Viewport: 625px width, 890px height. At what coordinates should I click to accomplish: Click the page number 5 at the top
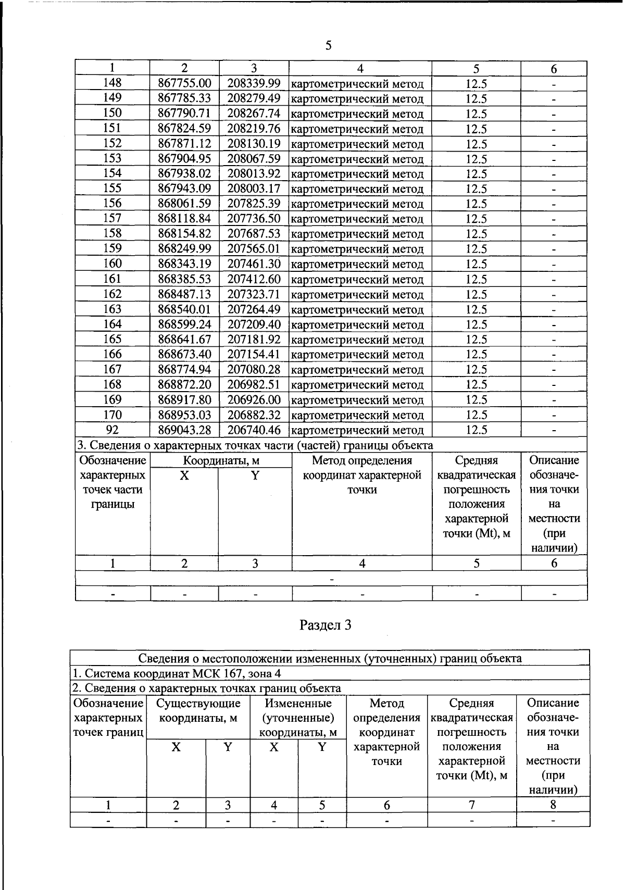pyautogui.click(x=328, y=46)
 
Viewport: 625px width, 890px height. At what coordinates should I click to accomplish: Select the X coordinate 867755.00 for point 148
pyautogui.click(x=184, y=83)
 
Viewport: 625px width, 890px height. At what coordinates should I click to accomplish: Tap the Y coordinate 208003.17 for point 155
pyautogui.click(x=254, y=189)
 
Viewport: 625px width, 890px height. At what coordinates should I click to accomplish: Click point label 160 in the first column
pyautogui.click(x=112, y=264)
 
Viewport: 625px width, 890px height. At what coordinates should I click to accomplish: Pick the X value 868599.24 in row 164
pyautogui.click(x=184, y=324)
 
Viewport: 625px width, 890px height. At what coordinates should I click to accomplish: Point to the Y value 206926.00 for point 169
pyautogui.click(x=254, y=400)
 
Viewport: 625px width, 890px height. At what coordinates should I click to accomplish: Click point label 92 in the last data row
pyautogui.click(x=112, y=430)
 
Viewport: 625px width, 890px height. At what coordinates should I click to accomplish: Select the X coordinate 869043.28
pyautogui.click(x=184, y=430)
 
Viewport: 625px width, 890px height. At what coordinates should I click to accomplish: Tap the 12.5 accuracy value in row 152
pyautogui.click(x=476, y=144)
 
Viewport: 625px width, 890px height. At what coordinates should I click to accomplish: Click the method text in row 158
pyautogui.click(x=357, y=234)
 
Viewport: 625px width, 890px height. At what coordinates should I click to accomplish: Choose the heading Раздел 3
pyautogui.click(x=326, y=625)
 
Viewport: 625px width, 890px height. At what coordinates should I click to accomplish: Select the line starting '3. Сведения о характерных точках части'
pyautogui.click(x=255, y=445)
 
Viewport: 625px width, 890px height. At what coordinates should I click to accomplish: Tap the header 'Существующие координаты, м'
pyautogui.click(x=198, y=711)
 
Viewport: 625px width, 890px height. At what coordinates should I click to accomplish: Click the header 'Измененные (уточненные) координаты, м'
pyautogui.click(x=298, y=718)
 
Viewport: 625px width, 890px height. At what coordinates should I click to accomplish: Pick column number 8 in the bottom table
pyautogui.click(x=553, y=805)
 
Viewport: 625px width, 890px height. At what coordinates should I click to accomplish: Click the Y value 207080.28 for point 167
pyautogui.click(x=254, y=370)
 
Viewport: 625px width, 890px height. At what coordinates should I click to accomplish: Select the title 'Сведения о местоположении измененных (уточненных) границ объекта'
pyautogui.click(x=330, y=658)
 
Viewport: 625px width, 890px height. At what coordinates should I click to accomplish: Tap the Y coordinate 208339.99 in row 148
pyautogui.click(x=254, y=83)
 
